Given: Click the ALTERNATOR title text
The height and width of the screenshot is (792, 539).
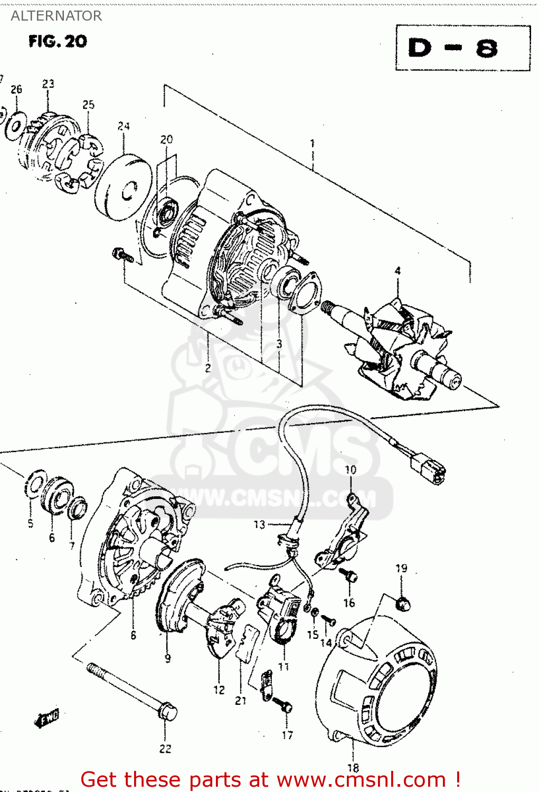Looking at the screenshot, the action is (56, 16).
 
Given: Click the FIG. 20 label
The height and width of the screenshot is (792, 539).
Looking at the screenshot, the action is (58, 41).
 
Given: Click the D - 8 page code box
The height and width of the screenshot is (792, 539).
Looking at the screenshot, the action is (462, 48).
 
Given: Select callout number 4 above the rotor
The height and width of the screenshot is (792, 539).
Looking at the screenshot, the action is (398, 271).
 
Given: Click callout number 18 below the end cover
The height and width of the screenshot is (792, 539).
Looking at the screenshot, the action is (353, 768).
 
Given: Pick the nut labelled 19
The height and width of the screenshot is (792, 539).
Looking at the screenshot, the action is (402, 603).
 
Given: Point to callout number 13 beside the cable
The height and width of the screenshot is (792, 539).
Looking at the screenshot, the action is (259, 524).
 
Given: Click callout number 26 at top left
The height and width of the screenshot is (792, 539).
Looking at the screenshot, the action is (16, 89).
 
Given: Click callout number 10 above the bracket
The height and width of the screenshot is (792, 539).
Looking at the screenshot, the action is (351, 469).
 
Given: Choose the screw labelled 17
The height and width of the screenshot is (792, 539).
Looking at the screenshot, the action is (286, 706).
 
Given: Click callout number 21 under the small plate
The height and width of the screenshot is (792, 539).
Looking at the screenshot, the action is (241, 701).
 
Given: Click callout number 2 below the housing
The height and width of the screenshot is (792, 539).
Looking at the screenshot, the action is (208, 368).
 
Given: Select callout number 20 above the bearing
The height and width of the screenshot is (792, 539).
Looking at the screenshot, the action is (166, 139).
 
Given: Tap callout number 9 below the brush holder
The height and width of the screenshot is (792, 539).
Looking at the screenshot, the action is (167, 658).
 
